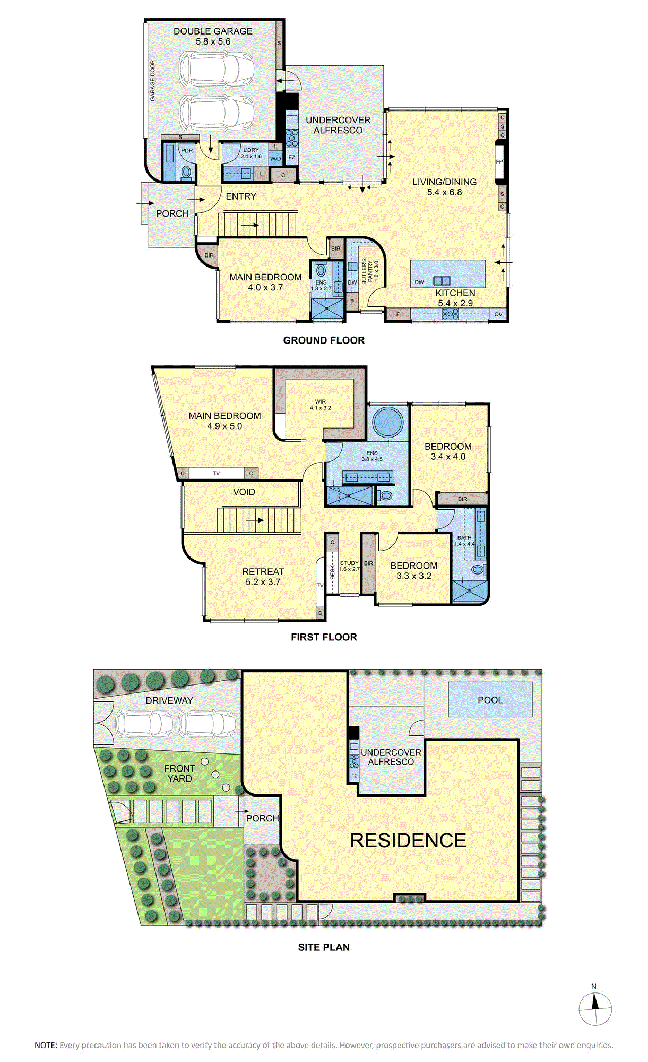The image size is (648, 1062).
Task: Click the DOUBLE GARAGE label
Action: [x=213, y=31]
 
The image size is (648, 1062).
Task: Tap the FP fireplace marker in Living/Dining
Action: [x=499, y=162]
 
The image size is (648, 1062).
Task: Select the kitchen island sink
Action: [x=442, y=281]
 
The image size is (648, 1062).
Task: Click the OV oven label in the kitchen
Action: [x=498, y=314]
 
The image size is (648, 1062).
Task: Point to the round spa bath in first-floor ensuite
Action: [x=388, y=423]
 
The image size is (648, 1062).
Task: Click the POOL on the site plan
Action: [x=490, y=699]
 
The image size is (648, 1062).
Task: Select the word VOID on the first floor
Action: [x=244, y=492]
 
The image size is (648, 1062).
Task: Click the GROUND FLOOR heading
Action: [x=324, y=340]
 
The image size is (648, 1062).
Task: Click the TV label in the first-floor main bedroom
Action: [x=216, y=473]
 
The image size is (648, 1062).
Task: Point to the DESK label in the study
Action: [x=333, y=572]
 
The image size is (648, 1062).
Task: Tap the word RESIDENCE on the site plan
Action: [x=408, y=841]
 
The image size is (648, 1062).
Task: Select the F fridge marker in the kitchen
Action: [x=398, y=314]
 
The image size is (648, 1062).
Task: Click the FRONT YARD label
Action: [x=179, y=774]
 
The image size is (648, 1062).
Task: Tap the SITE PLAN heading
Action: [x=324, y=947]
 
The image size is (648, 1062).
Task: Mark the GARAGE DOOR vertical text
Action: [x=153, y=81]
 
